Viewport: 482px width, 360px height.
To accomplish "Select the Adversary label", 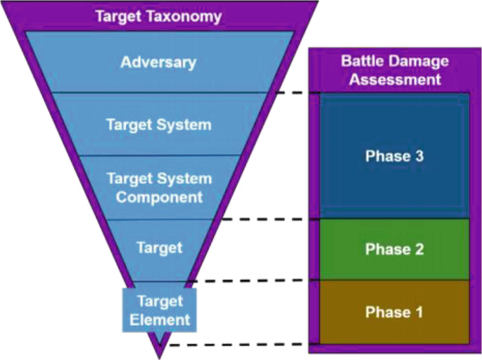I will pos(158,62).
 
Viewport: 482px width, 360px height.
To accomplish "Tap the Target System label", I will pos(158,125).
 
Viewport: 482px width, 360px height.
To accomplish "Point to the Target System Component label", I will pos(158,188).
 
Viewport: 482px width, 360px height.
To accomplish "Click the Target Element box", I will pos(160,310).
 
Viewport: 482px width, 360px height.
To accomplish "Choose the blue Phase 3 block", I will pos(394,156).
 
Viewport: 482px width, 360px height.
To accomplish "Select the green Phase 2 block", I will pos(394,250).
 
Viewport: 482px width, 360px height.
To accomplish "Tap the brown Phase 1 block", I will pos(394,311).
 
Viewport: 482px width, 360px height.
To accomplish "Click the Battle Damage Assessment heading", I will pos(395,70).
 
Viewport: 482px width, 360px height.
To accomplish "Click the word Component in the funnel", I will pos(159,197).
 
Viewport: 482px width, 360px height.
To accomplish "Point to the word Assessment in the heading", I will pos(395,79).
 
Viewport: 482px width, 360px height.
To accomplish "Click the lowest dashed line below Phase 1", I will pos(239,345).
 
